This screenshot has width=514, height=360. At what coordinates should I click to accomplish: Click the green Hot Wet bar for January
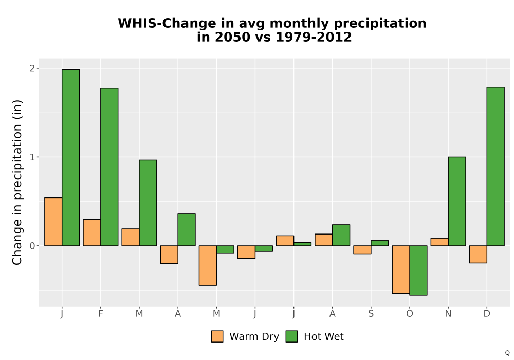click(x=70, y=158)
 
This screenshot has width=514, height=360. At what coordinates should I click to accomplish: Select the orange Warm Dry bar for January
click(x=53, y=222)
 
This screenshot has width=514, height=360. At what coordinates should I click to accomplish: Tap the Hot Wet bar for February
click(x=109, y=167)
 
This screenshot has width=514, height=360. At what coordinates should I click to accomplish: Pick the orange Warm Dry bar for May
click(x=208, y=265)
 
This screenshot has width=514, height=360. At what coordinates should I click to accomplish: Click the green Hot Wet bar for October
click(x=418, y=271)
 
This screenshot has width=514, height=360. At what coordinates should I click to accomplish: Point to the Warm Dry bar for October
click(x=401, y=269)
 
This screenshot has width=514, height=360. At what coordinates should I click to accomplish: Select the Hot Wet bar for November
click(x=457, y=201)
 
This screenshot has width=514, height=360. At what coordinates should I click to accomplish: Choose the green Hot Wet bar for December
click(x=495, y=167)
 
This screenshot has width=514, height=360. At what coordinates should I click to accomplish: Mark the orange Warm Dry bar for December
click(x=478, y=255)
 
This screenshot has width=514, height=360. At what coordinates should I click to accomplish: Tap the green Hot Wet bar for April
click(x=187, y=230)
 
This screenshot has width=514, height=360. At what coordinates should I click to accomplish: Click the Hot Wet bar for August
click(x=341, y=235)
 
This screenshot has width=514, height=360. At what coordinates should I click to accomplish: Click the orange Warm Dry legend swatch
click(x=217, y=336)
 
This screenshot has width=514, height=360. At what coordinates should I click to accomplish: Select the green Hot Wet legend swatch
click(x=291, y=336)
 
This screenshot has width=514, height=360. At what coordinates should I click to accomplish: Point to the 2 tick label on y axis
click(x=32, y=68)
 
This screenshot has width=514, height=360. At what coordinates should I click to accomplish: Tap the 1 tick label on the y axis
click(x=32, y=157)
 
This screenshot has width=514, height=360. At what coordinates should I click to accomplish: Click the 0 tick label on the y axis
click(x=32, y=246)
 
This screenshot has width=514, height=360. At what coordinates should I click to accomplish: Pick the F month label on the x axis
click(x=101, y=314)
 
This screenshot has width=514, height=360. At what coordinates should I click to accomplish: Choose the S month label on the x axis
click(x=371, y=314)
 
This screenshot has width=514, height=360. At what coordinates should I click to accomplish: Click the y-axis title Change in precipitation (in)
click(x=17, y=182)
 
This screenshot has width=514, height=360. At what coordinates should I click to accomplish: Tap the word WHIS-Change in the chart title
click(x=167, y=24)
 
